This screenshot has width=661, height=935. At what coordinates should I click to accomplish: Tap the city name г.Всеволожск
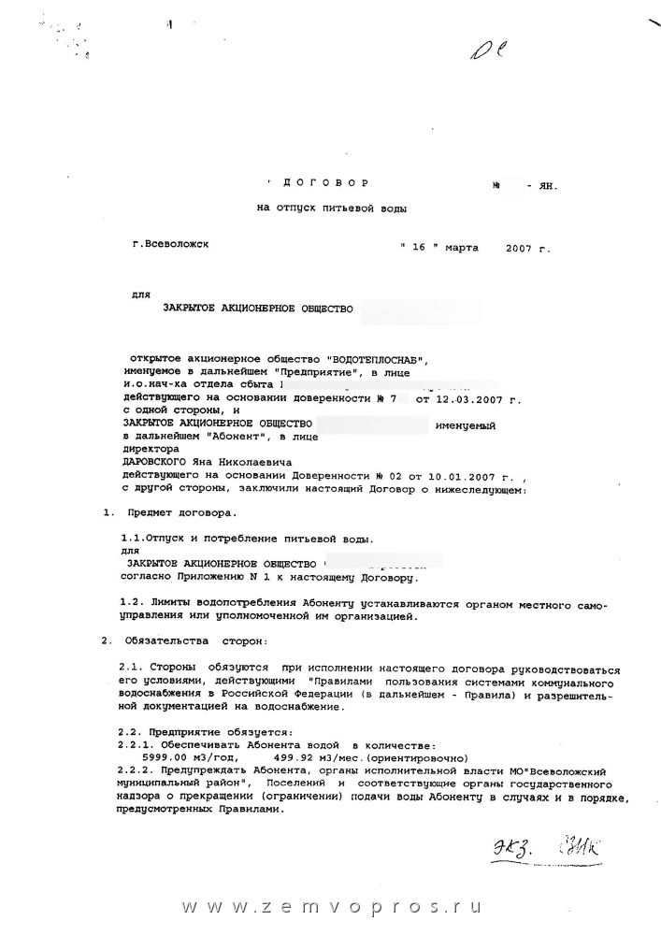pyautogui.click(x=172, y=244)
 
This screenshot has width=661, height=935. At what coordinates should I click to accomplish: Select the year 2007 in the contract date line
pyautogui.click(x=520, y=249)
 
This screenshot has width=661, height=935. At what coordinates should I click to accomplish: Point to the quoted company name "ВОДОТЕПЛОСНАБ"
pyautogui.click(x=379, y=360)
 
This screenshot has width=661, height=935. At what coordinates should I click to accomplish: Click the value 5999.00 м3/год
pyautogui.click(x=181, y=755)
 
